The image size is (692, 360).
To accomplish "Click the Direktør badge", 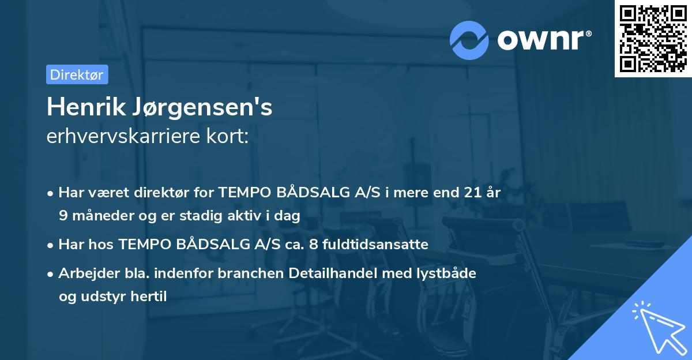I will pyautogui.click(x=77, y=74).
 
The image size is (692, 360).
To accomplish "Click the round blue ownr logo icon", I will pyautogui.click(x=469, y=40).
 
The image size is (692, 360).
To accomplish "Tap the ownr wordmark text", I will pyautogui.click(x=543, y=39).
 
